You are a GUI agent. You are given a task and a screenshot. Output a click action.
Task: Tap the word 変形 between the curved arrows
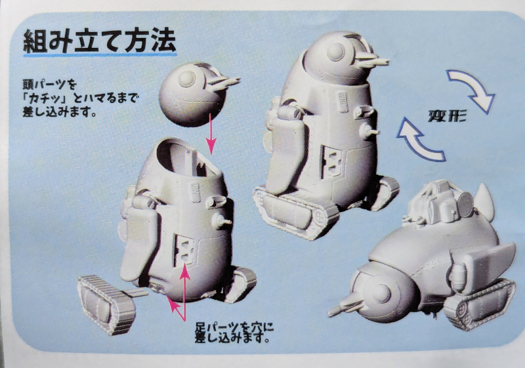point(447,115)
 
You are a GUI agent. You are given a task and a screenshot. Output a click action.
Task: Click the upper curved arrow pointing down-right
point(472,91)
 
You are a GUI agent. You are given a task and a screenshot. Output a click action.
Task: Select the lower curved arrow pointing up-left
point(419,140)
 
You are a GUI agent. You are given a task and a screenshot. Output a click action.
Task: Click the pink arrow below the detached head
point(211,134)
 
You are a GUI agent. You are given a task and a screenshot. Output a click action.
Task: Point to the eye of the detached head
point(187,79)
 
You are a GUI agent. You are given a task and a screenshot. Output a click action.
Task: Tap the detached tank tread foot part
point(107,304)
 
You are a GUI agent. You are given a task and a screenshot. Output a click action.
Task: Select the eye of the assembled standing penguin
point(336,52)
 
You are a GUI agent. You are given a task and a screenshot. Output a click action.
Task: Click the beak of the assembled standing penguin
point(371,62)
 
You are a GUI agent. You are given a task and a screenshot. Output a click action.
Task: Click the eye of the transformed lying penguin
point(382,295)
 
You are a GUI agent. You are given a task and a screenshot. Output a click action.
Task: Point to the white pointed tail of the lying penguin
point(484,200)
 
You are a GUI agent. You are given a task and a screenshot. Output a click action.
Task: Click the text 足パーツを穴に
point(234,327)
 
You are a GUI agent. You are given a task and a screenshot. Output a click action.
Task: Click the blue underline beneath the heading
point(100,55)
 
